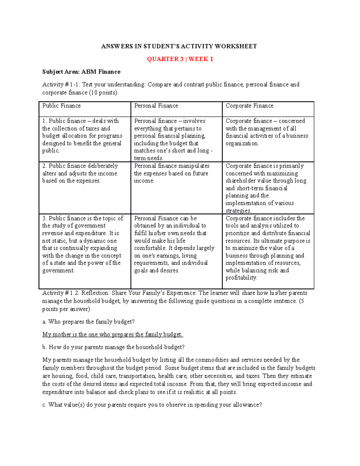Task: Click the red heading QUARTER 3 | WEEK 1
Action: point(180,59)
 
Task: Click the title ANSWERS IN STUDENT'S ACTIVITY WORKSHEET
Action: point(179,46)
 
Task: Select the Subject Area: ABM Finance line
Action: point(81,72)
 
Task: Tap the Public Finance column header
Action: point(61,106)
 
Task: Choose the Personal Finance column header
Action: point(156,106)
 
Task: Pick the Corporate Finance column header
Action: point(249,106)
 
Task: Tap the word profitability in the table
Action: point(241,278)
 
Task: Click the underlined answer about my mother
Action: point(112,334)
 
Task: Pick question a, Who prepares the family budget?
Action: point(88,322)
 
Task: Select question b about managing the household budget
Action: point(113,347)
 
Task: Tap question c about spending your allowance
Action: point(152,405)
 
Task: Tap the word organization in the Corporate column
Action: point(242,143)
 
